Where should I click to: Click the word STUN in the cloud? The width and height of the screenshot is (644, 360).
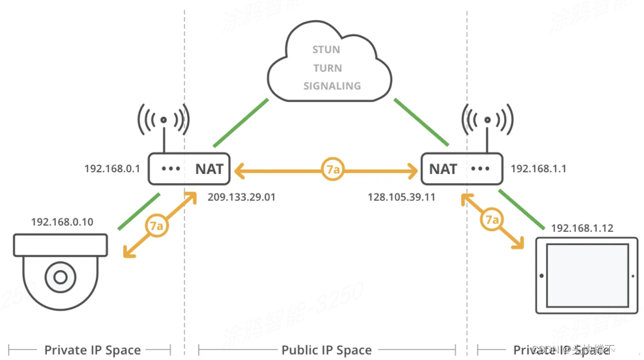pyautogui.click(x=326, y=50)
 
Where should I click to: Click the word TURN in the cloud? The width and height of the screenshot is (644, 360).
pyautogui.click(x=328, y=68)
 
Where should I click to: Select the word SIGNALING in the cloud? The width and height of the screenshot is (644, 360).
pyautogui.click(x=332, y=86)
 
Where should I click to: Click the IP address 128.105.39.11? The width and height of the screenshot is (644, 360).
pyautogui.click(x=401, y=197)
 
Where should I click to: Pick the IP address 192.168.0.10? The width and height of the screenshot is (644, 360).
pyautogui.click(x=62, y=222)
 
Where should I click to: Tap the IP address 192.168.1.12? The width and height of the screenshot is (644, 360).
pyautogui.click(x=582, y=228)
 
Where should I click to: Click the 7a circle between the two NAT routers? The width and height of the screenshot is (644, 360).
pyautogui.click(x=332, y=170)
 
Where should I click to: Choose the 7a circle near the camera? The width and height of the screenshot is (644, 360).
pyautogui.click(x=156, y=226)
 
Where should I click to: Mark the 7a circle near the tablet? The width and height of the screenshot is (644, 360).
pyautogui.click(x=492, y=220)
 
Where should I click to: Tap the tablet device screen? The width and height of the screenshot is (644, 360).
pyautogui.click(x=586, y=275)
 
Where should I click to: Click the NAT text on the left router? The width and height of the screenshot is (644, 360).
pyautogui.click(x=209, y=169)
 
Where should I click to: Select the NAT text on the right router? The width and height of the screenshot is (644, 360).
pyautogui.click(x=443, y=169)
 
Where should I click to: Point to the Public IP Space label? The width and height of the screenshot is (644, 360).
pyautogui.click(x=326, y=350)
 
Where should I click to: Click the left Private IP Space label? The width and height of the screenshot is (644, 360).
pyautogui.click(x=92, y=350)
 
